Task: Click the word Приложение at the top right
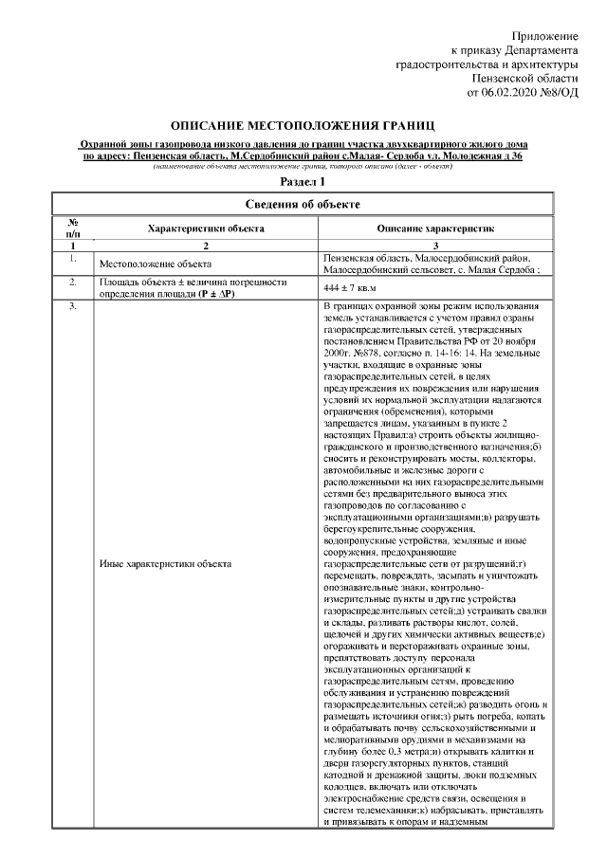tap(543, 35)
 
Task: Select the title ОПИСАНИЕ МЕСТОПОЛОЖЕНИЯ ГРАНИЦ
tap(303, 125)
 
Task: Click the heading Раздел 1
tap(303, 180)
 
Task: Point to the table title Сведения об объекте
tap(303, 205)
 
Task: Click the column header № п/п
tap(72, 229)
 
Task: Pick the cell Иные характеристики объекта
tap(165, 564)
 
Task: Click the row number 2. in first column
tap(72, 283)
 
